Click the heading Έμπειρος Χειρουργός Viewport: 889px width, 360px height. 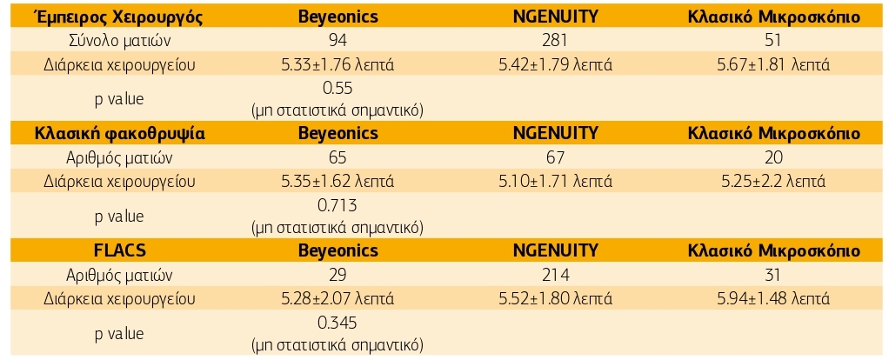click(118, 17)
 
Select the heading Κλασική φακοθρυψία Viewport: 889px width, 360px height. click(118, 134)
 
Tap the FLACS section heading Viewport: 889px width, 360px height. click(118, 251)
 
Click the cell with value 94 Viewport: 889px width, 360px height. click(338, 41)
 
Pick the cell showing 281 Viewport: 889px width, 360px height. click(555, 41)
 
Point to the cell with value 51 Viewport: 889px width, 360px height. click(773, 41)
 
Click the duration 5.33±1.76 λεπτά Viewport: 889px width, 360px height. click(338, 64)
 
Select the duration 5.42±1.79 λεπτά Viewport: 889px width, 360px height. click(555, 64)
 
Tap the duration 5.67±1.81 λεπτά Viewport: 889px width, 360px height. click(773, 64)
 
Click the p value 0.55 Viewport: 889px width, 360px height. click(338, 88)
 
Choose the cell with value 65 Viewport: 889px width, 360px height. click(338, 158)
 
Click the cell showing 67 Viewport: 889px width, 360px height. click(555, 158)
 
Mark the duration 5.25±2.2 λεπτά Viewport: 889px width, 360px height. click(773, 182)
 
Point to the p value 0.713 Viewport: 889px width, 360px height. click(338, 205)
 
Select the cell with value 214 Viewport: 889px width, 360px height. click(555, 276)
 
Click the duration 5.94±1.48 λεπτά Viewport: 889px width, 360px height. click(773, 299)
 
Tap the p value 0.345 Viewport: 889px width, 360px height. click(338, 323)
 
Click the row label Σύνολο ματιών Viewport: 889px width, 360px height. click(118, 41)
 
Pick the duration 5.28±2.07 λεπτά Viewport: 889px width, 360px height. click(338, 299)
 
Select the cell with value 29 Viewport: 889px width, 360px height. click(338, 276)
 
